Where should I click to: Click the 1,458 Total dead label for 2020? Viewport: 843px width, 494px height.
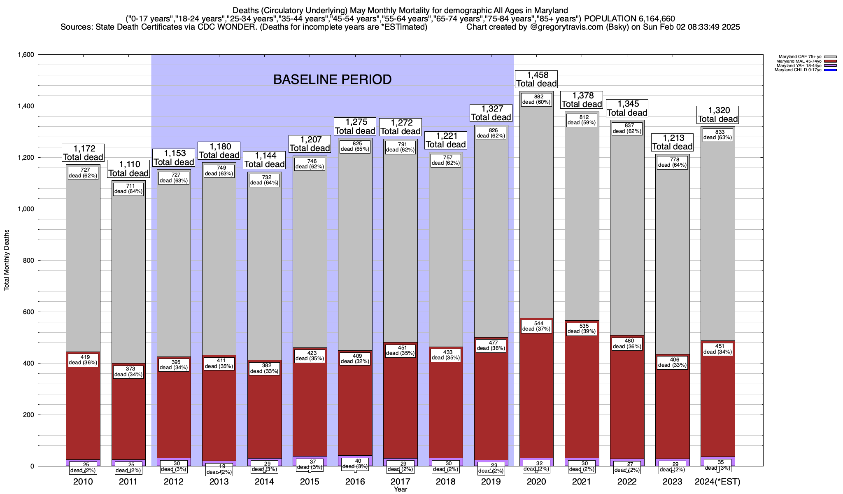(x=536, y=79)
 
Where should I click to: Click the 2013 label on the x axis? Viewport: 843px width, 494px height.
(x=219, y=482)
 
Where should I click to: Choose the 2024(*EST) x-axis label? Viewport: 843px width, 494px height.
(x=717, y=482)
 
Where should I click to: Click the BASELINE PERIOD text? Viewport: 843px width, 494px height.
(x=332, y=79)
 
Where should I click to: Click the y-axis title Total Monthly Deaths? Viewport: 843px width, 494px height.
(x=7, y=260)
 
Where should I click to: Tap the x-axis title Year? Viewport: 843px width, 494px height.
(x=400, y=489)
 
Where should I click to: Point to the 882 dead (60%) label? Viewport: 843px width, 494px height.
(x=536, y=99)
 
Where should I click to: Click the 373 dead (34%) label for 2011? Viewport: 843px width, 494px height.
(x=128, y=372)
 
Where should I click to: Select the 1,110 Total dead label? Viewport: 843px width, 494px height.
(x=128, y=169)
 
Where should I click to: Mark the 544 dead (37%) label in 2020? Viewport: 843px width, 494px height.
(x=536, y=326)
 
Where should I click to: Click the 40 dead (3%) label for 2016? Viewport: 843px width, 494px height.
(x=355, y=464)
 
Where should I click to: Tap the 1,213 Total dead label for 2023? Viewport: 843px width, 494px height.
(x=673, y=142)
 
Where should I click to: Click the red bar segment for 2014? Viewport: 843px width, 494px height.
(x=264, y=412)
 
